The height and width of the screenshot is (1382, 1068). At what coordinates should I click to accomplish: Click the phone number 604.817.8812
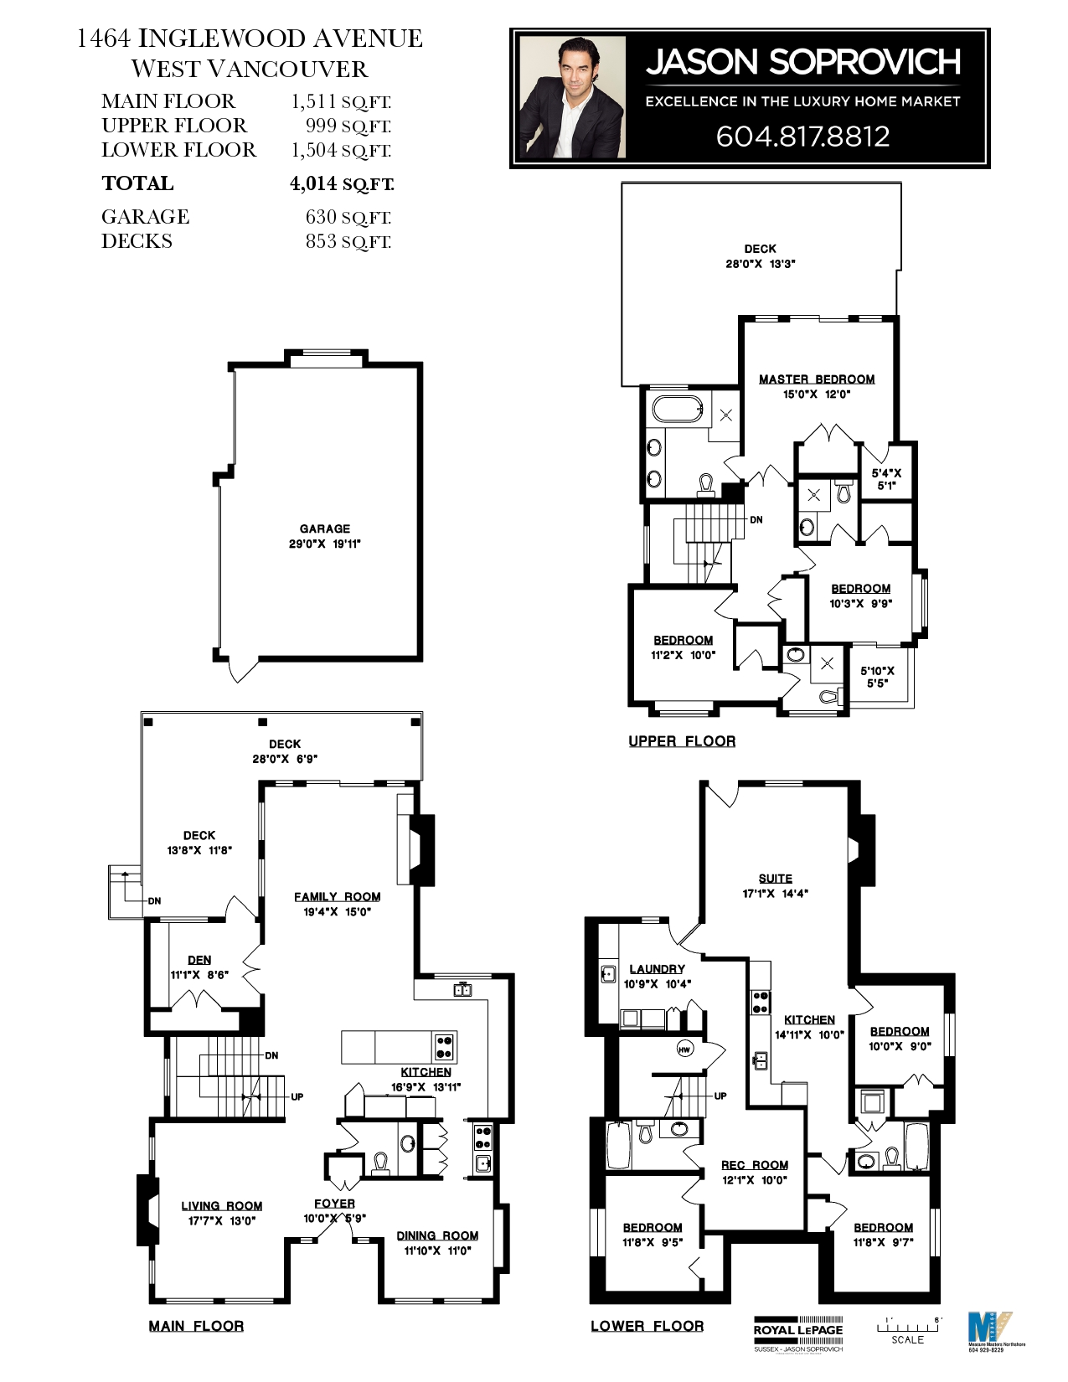pos(802,137)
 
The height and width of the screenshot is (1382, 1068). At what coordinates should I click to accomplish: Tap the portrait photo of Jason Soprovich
pos(572,97)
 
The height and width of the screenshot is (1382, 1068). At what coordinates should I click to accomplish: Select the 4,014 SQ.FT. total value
pos(341,183)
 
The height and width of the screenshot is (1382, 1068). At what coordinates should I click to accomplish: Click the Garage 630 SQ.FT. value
pos(348,217)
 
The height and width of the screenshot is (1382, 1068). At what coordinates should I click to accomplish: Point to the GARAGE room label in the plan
pos(325,529)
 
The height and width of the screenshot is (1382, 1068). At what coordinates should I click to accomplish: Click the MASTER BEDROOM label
pos(817,379)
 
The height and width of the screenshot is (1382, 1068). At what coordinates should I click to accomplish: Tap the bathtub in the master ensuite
pos(679,409)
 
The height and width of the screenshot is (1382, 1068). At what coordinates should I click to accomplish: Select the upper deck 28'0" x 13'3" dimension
pos(760,263)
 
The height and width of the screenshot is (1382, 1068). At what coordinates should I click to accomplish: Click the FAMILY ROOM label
pos(337,896)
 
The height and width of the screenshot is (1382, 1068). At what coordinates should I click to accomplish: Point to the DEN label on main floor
pos(199,960)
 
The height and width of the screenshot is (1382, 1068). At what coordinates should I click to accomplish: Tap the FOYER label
pos(334,1204)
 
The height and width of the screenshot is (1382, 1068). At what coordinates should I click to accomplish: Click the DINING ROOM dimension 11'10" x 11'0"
pos(437,1251)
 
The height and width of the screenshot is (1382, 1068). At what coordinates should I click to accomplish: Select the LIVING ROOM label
pos(222,1206)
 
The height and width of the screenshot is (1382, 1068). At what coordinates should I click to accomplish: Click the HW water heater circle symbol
pos(685,1049)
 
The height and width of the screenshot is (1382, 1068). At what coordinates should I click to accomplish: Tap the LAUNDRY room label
pos(657,969)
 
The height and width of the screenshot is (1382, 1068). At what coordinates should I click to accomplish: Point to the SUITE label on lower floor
pos(775,879)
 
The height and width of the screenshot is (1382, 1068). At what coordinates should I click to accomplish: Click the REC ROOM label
pos(754,1165)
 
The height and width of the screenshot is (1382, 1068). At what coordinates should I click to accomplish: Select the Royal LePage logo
pos(797,1329)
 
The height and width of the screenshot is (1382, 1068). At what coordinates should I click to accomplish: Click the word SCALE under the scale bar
pos(907,1339)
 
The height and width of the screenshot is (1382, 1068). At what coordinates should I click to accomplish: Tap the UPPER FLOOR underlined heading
pos(682,741)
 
